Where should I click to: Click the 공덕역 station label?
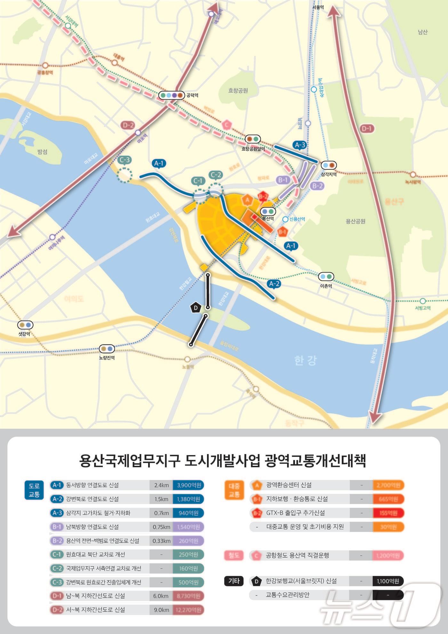coord(192,95)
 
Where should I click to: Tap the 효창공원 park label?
coord(238,91)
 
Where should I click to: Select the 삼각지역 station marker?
coord(329,165)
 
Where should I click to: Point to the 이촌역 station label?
coord(326,286)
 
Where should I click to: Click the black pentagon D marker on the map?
coord(196,308)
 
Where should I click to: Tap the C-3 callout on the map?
coord(124,160)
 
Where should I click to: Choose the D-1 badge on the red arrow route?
coord(367,129)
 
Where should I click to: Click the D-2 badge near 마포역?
coord(128,125)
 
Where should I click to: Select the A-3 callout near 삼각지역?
coord(300,145)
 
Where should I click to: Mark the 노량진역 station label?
coord(107,358)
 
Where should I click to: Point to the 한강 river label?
coord(306,361)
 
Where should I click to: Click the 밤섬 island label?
coord(43,151)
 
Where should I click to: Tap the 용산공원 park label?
coord(356,221)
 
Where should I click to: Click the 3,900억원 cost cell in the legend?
coord(188,485)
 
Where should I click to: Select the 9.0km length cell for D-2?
coord(161,610)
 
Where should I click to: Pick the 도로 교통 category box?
coord(34,490)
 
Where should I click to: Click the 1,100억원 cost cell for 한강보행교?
coord(388,581)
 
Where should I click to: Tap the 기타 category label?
coord(234,581)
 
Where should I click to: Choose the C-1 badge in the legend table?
coord(57,554)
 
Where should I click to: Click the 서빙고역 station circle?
coord(423,301)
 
